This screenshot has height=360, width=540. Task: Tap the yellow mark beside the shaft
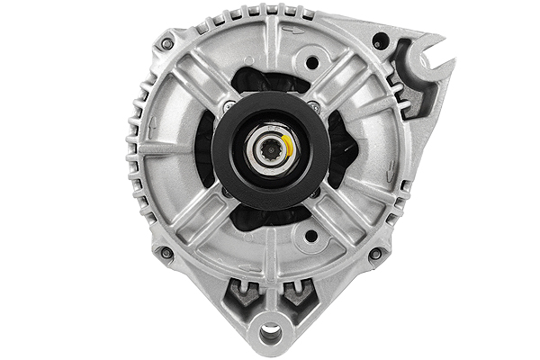[x=285, y=145]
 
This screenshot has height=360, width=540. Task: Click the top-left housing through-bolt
[x=166, y=43]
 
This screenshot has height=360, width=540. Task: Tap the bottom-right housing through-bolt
[x=374, y=254]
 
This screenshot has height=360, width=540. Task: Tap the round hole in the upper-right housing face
[x=311, y=63]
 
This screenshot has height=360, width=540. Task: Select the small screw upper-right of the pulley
[x=315, y=106]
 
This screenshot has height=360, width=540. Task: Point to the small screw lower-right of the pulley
[x=315, y=192]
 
